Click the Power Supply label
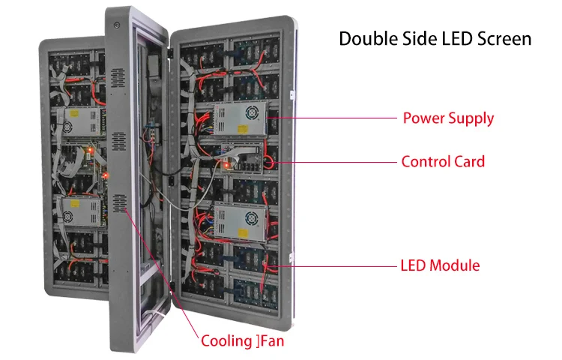[448, 118]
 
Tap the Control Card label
[443, 161]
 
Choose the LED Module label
[441, 265]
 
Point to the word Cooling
[226, 341]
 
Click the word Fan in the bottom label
[272, 341]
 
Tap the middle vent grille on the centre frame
[118, 142]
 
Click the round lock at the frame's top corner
[117, 25]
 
